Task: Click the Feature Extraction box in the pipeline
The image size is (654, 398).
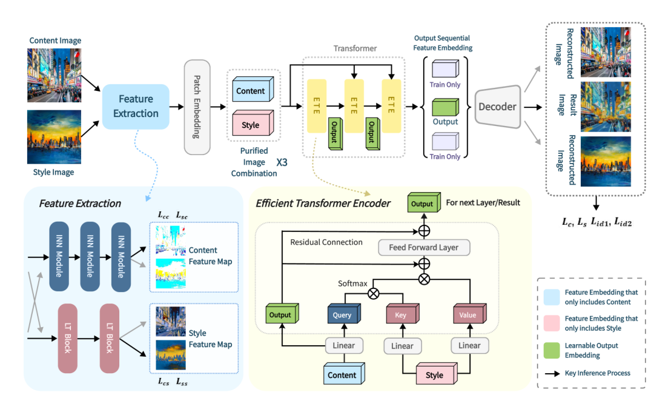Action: coord(136,107)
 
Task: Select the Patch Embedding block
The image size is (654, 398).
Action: coord(197,107)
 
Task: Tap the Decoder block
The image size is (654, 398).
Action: coord(498,107)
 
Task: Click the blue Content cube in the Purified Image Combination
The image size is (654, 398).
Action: coord(253,89)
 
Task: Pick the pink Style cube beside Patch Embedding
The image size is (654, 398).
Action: coord(253,123)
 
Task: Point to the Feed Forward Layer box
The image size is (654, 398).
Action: coord(424,247)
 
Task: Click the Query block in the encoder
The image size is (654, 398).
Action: coord(344,314)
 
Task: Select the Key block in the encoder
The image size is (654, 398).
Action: coord(403,314)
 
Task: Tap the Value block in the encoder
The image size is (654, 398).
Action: coord(470,314)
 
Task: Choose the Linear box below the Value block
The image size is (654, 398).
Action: coord(470,345)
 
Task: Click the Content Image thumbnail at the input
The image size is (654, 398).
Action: coord(54,75)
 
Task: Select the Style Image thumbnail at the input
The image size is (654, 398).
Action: coord(54,137)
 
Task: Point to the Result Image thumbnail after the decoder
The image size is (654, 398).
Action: coord(606,107)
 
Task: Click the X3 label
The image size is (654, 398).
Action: coord(282,162)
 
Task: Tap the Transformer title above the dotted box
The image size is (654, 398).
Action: coord(355,48)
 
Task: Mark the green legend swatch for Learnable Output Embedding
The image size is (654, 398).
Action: coord(552,350)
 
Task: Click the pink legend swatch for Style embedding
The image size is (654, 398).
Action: coord(552,323)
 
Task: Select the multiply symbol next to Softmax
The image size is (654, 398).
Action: coord(373,293)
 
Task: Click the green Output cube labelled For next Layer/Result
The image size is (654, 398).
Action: coord(424,202)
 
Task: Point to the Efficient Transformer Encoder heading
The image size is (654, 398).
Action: coord(323,203)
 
